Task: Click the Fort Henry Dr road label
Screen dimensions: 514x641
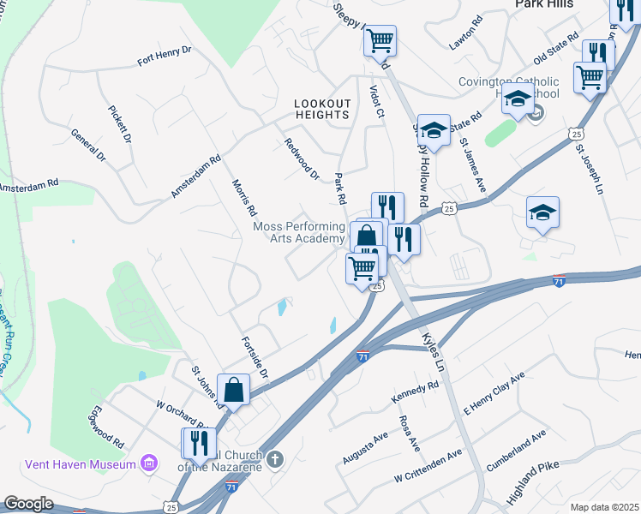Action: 165,56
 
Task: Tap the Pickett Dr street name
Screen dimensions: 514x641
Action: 120,124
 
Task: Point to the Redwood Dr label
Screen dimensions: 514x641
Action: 302,159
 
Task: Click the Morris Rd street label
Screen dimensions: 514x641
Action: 245,197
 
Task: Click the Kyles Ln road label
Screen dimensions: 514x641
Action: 435,352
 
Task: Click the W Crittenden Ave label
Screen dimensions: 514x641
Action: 428,465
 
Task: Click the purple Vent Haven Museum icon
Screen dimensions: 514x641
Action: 150,463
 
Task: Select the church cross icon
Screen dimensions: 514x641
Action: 274,460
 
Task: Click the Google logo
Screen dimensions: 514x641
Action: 28,503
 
